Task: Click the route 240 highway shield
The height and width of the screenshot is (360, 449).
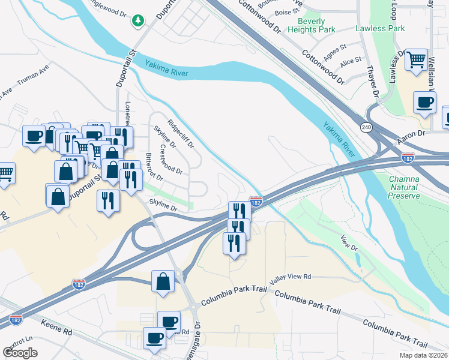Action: coord(366,127)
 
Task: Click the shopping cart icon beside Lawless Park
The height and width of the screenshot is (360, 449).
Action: coord(416,60)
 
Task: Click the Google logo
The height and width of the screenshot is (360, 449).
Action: coord(20,353)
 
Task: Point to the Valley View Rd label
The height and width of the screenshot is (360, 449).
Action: coord(290,277)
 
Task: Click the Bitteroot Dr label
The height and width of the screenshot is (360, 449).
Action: coord(154,167)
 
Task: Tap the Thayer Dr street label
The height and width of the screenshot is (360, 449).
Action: coord(372,84)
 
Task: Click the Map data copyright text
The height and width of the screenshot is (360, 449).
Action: coord(423,355)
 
